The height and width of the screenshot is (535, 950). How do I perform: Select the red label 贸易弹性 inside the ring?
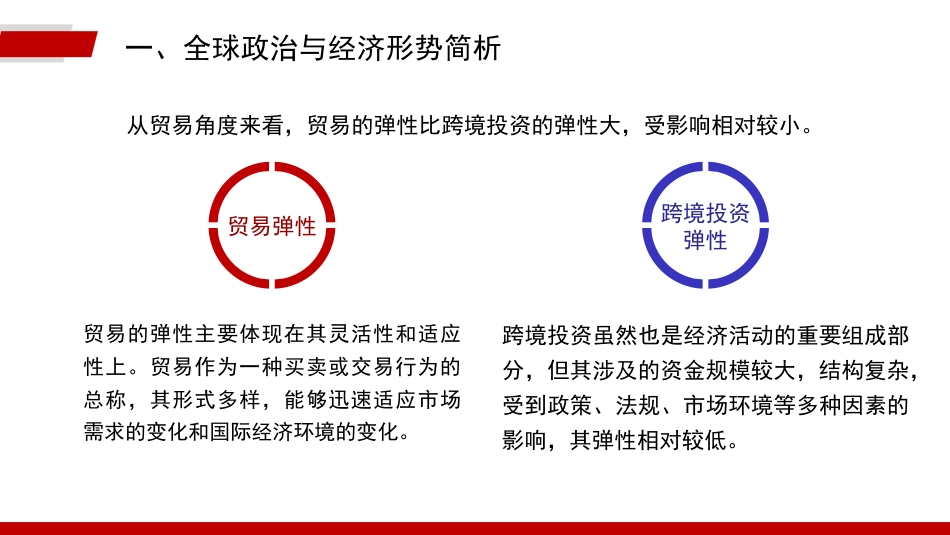coord(272,226)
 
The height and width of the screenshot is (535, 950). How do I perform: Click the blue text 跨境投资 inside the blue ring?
coord(705,212)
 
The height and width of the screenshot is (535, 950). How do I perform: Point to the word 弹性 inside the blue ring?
coord(705,240)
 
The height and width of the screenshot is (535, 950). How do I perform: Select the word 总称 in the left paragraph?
coord(106,399)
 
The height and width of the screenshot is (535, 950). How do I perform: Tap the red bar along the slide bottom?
coord(475,528)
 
